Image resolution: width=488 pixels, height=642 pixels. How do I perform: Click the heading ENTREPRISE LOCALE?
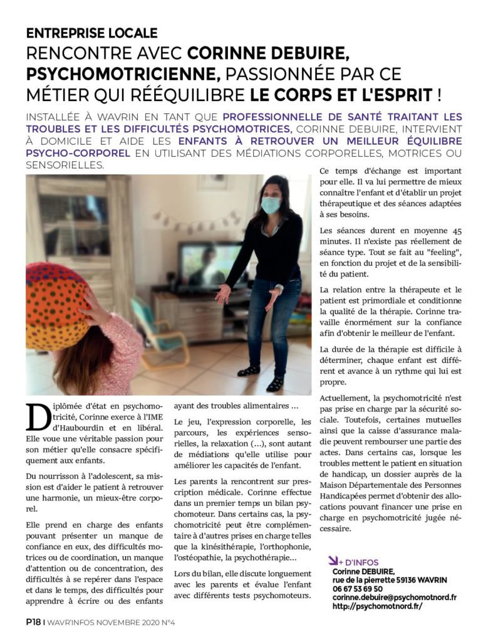(x=91, y=33)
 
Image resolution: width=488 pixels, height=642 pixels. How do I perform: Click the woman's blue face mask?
(x=271, y=205)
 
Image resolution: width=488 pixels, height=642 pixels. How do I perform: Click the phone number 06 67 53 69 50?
(x=358, y=589)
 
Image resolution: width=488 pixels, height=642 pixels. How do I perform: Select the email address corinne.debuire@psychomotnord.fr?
(x=394, y=597)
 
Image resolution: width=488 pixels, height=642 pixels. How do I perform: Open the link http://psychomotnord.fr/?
(x=377, y=607)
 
